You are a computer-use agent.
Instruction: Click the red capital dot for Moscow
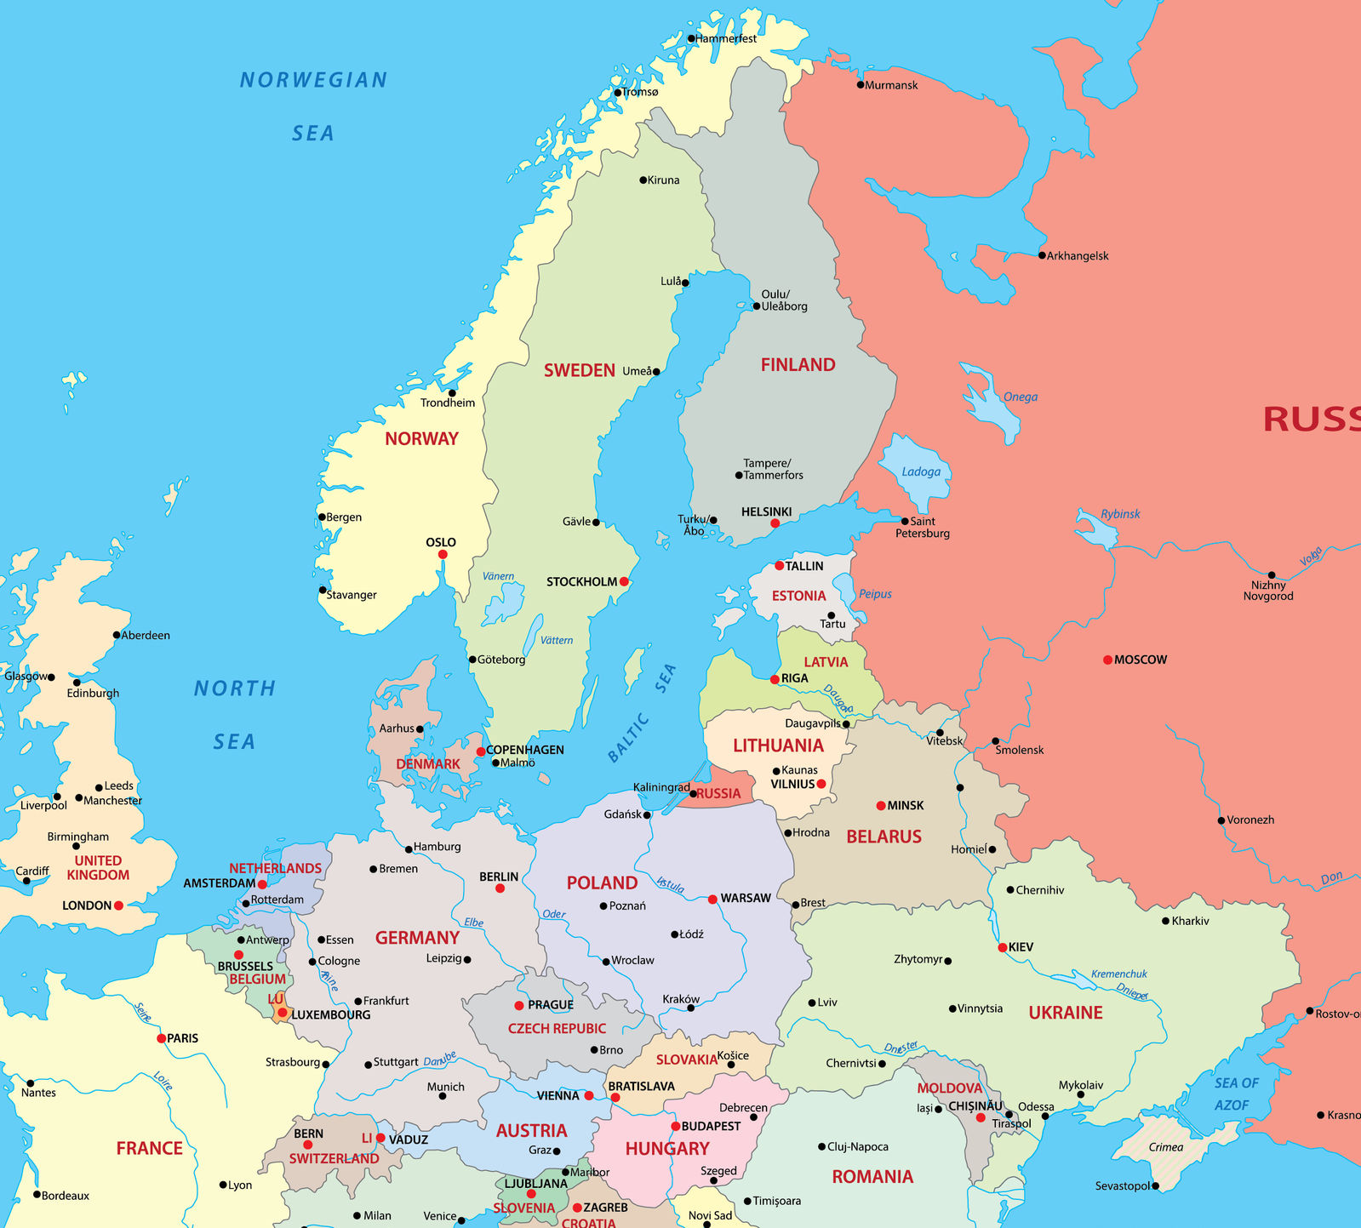coord(1107,660)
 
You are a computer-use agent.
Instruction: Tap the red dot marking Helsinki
coord(775,523)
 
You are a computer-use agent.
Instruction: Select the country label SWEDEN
coord(579,370)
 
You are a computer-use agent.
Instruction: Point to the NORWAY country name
coord(421,439)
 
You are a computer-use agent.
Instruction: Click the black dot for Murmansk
coord(861,85)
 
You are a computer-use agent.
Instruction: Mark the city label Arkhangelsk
coord(1078,255)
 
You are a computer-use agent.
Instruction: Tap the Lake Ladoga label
coord(921,471)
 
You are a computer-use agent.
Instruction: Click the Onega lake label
coord(1020,397)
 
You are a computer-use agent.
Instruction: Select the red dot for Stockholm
coord(624,581)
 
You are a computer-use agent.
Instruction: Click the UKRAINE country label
coord(1065,1013)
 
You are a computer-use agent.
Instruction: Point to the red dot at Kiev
coord(1003,947)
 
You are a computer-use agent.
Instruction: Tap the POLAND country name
coord(602,883)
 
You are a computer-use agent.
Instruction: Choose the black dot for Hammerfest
coord(691,38)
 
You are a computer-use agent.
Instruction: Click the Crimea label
coord(1165,1147)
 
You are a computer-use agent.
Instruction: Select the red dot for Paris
coord(161,1038)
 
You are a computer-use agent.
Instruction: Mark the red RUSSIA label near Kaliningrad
coord(718,794)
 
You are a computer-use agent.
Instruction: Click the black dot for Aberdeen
coord(117,635)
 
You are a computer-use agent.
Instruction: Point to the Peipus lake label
coord(875,594)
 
